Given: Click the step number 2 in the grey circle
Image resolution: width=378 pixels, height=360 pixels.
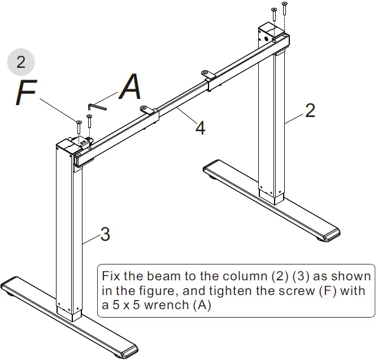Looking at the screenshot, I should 21,62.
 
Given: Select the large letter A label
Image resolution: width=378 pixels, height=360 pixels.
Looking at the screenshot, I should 131,88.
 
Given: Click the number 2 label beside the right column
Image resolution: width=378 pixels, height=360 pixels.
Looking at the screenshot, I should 310,111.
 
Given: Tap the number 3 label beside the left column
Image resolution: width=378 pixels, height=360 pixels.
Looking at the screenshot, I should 105,234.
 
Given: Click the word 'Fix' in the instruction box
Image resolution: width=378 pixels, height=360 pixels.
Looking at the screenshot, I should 111,277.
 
